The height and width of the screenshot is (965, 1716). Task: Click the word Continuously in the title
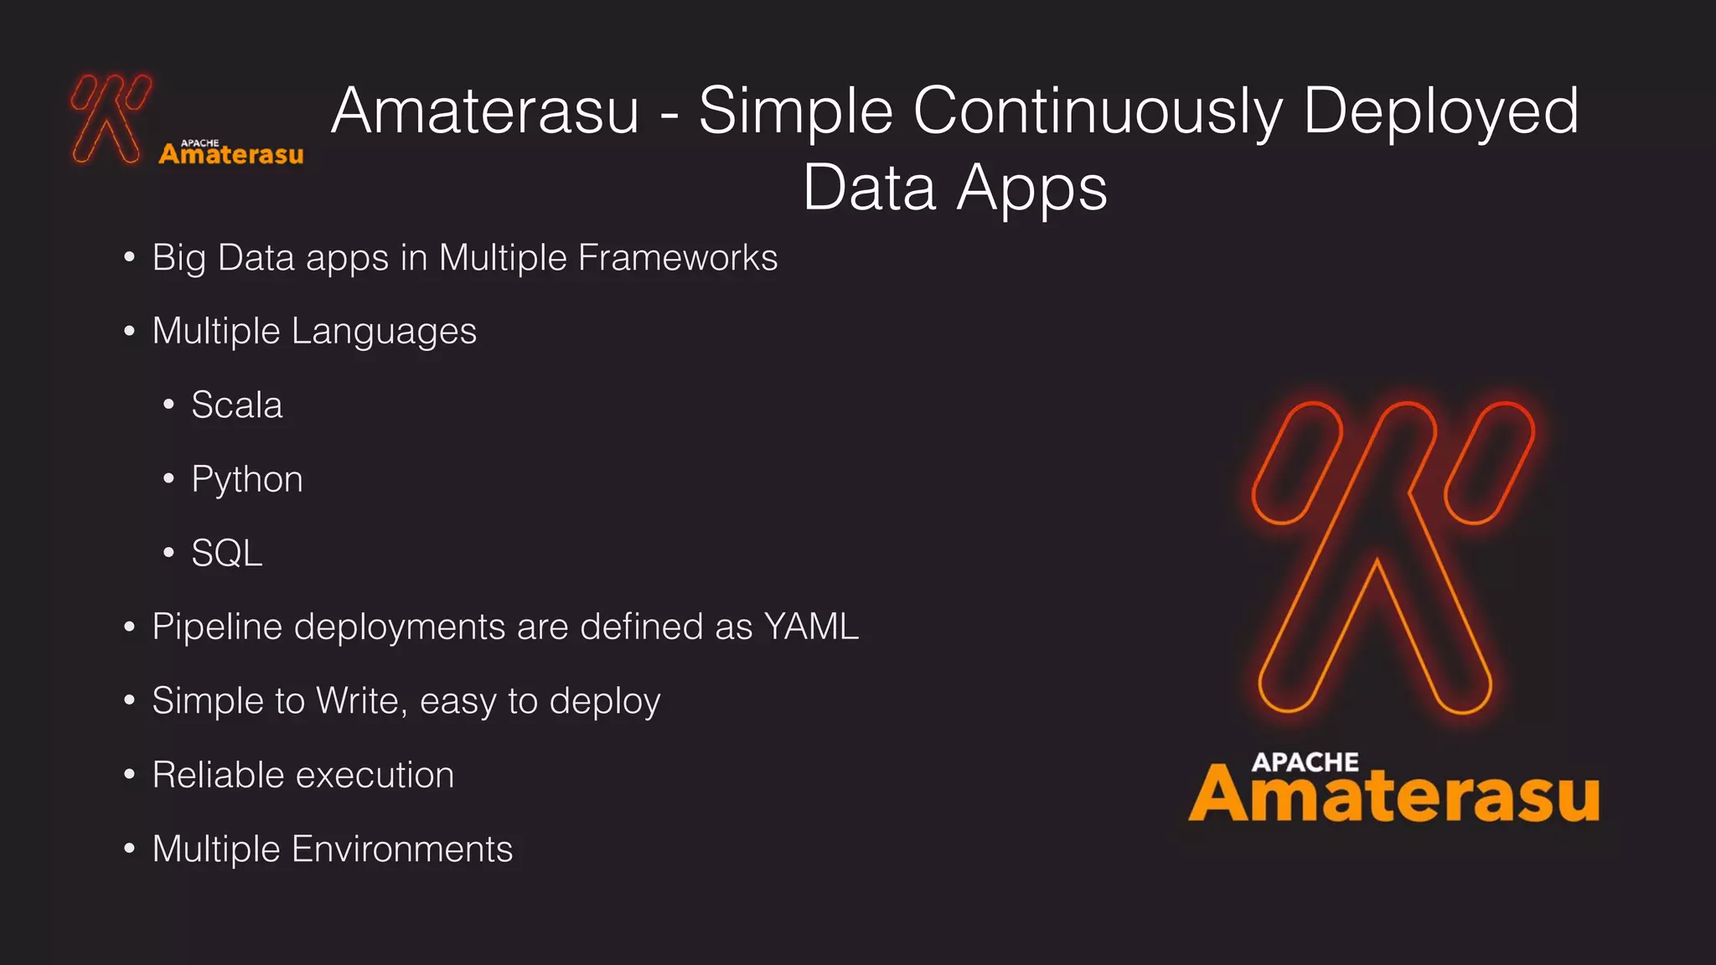coord(1097,112)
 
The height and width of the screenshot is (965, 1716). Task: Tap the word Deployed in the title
coord(1441,112)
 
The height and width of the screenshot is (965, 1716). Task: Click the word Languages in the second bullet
coord(384,332)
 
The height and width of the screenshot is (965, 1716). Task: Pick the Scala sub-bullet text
coord(237,405)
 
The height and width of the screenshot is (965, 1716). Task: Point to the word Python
coord(247,480)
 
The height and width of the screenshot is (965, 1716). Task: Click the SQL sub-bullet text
coord(227,554)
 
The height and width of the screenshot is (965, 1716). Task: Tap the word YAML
coord(811,627)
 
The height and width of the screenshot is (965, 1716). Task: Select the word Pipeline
coord(217,627)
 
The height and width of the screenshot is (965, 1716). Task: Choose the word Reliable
coord(217,776)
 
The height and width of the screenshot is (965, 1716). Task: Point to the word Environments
coord(402,849)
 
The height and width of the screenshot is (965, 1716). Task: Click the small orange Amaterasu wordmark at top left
coord(231,155)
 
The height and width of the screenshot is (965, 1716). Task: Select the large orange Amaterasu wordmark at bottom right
coord(1394,796)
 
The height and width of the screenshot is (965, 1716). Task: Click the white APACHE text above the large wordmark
coord(1305,761)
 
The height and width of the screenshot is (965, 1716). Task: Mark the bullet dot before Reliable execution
coord(129,775)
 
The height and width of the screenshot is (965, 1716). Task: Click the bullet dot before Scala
coord(168,405)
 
